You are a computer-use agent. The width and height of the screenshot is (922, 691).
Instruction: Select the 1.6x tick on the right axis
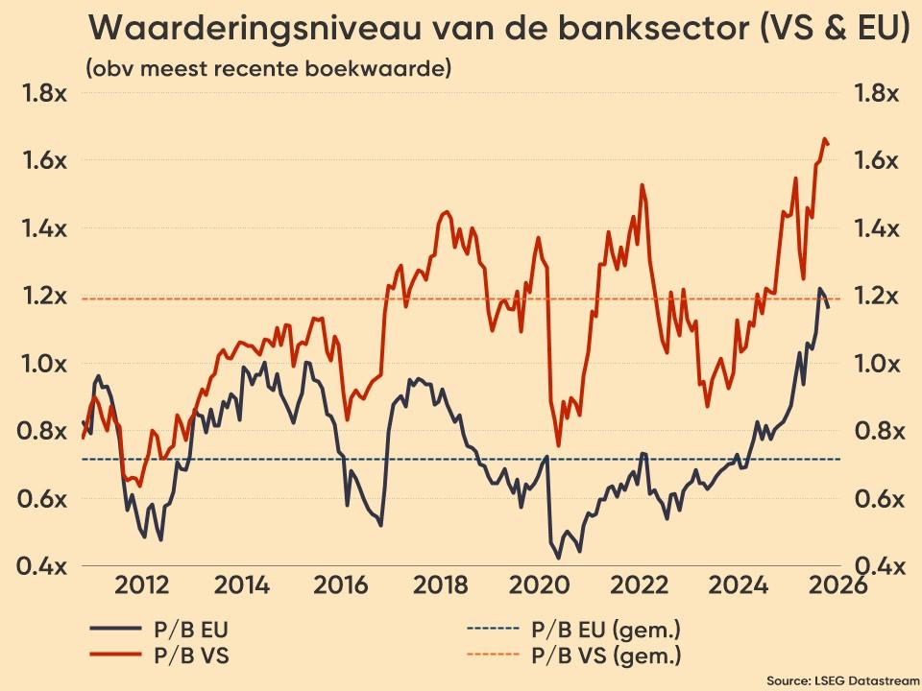[x=877, y=160]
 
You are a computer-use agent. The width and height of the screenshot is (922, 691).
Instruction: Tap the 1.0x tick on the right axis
[x=877, y=364]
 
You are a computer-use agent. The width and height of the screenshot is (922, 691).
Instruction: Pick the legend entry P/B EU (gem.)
[x=605, y=631]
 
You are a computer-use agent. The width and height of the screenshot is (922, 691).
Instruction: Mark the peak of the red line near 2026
[x=824, y=139]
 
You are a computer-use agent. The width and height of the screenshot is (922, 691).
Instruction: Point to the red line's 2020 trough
[x=558, y=446]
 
